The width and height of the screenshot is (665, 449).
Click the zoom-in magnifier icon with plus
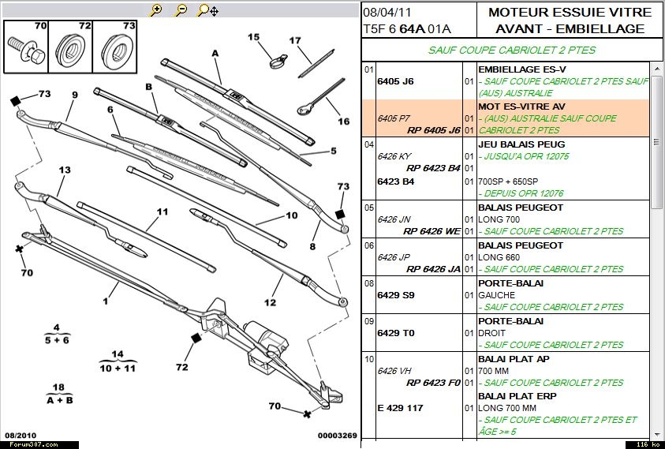pos(156,9)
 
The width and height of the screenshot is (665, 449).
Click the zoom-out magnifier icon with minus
pos(181,9)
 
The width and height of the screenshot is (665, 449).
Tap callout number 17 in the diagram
pos(295,41)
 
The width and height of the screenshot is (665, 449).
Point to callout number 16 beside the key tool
pos(343,121)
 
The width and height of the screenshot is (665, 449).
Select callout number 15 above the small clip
pos(253,37)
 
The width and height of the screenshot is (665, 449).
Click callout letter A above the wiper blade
pos(215,54)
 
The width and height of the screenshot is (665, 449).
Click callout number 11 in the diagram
pos(163,211)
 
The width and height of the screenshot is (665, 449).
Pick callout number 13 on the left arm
pos(65,170)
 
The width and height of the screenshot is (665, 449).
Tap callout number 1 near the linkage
pos(104,301)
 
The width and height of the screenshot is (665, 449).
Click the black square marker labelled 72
pos(196,338)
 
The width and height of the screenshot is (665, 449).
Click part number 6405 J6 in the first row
pos(396,81)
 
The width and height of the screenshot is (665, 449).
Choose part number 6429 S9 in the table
pos(396,295)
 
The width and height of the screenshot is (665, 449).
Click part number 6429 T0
pos(396,333)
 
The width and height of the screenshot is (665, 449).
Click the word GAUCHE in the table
pos(497,295)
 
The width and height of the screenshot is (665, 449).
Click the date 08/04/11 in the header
pos(386,13)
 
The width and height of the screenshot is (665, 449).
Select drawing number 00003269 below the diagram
pos(338,436)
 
